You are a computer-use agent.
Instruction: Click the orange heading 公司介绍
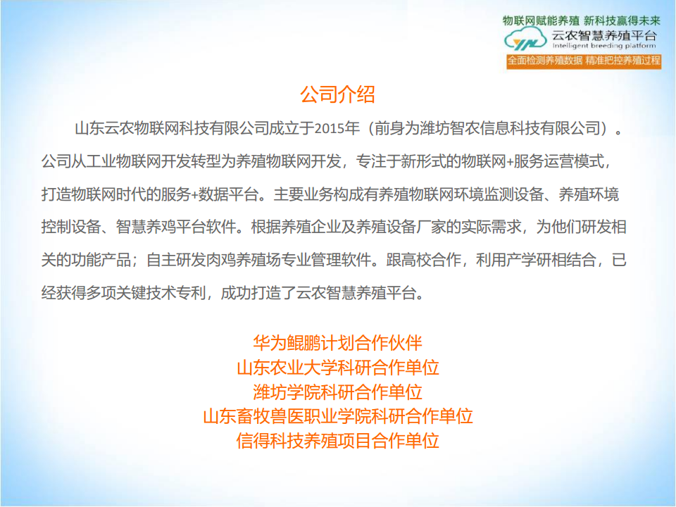click(337, 94)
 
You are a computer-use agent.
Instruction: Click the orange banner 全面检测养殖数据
click(545, 61)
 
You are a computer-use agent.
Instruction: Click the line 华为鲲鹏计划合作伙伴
click(337, 343)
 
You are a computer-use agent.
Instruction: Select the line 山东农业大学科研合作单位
click(337, 368)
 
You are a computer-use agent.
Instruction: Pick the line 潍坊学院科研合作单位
click(337, 392)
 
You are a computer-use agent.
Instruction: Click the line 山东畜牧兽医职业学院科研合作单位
click(337, 416)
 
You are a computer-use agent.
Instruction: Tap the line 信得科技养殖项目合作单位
click(337, 441)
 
